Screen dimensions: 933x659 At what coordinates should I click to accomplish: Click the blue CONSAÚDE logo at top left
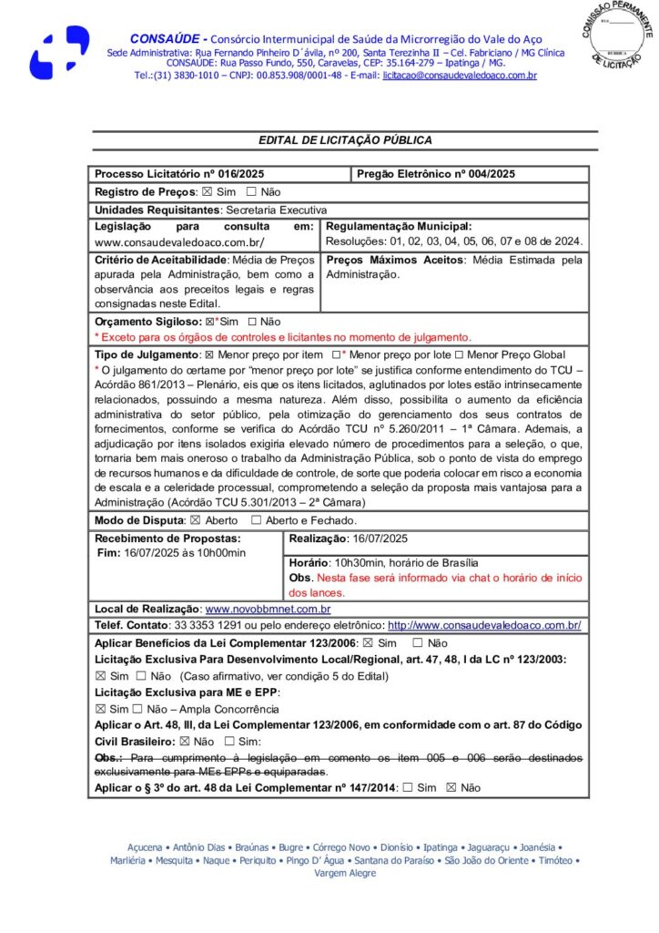tap(59, 53)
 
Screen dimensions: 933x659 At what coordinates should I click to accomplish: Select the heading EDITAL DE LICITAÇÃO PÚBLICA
tap(345, 140)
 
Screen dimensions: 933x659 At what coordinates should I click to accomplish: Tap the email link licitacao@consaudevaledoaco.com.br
tap(460, 76)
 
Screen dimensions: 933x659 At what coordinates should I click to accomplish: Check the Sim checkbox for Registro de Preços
tap(208, 192)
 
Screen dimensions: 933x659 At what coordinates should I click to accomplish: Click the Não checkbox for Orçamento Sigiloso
tap(251, 322)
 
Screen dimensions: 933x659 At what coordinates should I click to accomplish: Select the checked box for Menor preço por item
tap(209, 354)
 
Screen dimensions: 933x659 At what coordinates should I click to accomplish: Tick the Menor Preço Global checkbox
tap(460, 354)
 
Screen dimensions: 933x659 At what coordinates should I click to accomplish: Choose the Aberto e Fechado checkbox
tap(256, 520)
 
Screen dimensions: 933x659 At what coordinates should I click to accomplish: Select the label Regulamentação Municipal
tap(399, 226)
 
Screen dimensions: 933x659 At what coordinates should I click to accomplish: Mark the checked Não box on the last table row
tap(451, 788)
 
